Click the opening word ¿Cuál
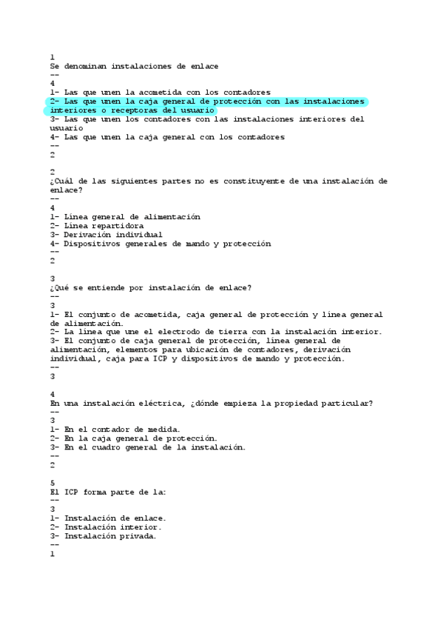point(61,181)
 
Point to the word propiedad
point(297,403)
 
